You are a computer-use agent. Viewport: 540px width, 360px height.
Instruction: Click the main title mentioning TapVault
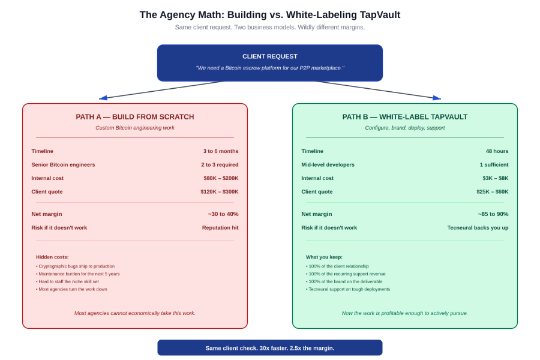tap(269, 15)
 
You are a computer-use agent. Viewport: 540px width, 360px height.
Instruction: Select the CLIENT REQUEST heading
tap(269, 56)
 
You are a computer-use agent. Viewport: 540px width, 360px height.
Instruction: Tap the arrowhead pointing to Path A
tap(103, 98)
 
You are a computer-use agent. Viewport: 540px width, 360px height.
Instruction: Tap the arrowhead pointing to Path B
tap(437, 98)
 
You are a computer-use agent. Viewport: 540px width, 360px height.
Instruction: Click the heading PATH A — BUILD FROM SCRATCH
tap(135, 117)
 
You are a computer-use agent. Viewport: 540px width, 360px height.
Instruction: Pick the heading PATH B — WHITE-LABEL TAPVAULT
tap(404, 117)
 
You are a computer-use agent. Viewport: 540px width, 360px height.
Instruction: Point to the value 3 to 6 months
tap(221, 151)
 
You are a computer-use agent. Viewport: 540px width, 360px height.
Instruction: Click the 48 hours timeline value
tap(497, 151)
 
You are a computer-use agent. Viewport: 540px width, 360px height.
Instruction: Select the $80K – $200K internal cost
tap(221, 178)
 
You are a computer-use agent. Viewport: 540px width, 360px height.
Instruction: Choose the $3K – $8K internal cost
tap(495, 178)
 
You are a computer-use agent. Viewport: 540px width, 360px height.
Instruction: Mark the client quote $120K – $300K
tap(220, 191)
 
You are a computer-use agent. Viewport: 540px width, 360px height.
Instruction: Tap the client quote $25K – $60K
tap(493, 191)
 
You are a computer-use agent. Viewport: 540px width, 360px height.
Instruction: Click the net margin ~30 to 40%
tap(223, 214)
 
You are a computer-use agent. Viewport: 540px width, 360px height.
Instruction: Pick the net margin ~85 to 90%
tap(493, 214)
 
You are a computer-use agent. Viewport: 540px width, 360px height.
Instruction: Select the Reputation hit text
tap(220, 228)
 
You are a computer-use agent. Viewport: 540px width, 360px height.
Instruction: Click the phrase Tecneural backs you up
tap(478, 228)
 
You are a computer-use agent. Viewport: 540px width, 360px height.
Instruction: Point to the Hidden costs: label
tap(52, 257)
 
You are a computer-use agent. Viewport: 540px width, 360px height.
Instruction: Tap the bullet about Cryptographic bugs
tap(75, 266)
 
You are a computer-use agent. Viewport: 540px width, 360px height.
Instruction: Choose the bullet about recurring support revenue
tap(346, 274)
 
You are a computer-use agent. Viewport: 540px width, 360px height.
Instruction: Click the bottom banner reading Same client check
tap(270, 348)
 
